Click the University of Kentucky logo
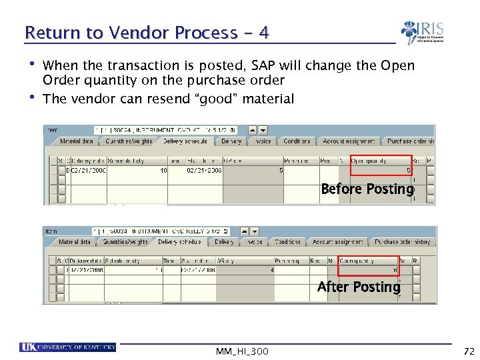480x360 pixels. (68, 347)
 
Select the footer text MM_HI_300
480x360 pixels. (243, 351)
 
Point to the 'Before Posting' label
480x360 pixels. (367, 189)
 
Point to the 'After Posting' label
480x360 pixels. (359, 287)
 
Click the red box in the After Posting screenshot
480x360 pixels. (369, 265)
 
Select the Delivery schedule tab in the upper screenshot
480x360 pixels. (185, 141)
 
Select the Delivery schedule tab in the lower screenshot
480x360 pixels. (180, 242)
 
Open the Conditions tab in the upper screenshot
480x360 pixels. (297, 141)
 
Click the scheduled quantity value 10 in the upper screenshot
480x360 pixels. (163, 171)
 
